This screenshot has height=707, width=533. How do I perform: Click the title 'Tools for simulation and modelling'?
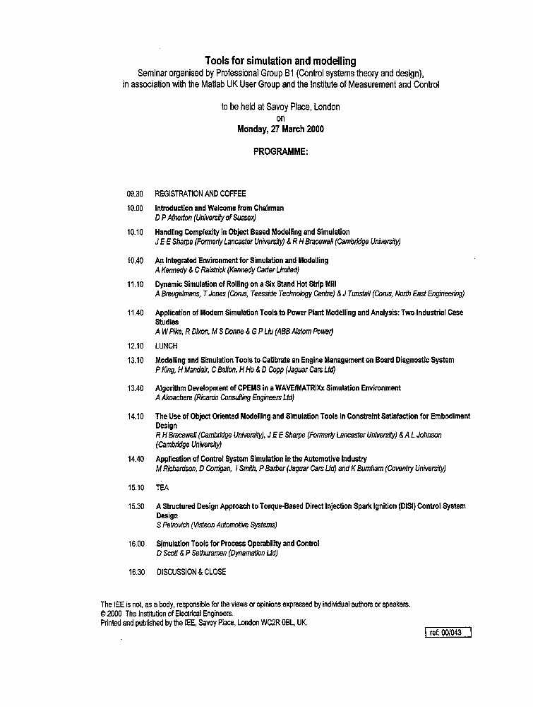(280, 62)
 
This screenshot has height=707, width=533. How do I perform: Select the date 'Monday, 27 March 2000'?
(280, 129)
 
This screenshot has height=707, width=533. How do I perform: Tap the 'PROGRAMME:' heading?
(280, 152)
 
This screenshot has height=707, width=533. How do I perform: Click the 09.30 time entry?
(135, 194)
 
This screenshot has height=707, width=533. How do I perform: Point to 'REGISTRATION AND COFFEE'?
(200, 194)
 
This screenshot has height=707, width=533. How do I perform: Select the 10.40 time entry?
(135, 261)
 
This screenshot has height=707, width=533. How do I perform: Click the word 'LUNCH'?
(166, 346)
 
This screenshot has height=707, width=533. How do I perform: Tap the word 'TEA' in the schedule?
(162, 488)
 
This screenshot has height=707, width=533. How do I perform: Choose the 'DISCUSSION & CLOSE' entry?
(191, 572)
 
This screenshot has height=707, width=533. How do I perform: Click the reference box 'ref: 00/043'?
(449, 633)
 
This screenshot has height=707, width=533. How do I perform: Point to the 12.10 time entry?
(135, 346)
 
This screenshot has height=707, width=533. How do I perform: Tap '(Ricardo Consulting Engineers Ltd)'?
(232, 398)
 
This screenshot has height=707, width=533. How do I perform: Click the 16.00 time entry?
(136, 544)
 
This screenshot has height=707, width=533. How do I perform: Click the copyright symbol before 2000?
(104, 614)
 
